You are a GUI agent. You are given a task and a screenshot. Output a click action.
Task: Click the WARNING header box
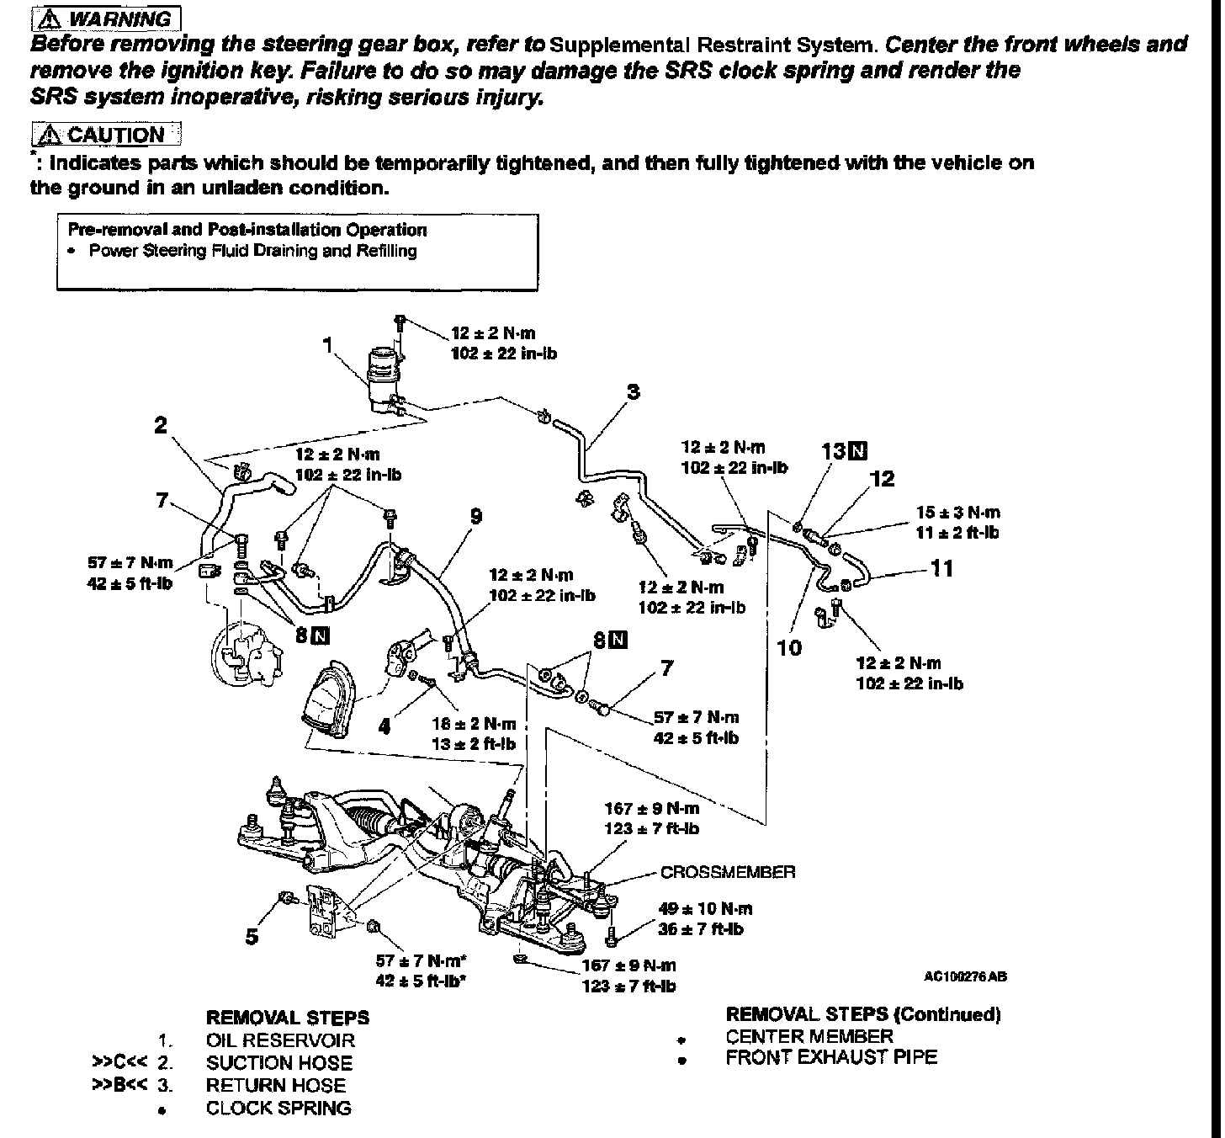point(105,18)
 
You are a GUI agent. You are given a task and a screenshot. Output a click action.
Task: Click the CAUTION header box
point(106,135)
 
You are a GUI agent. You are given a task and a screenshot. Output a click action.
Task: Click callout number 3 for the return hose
point(633,391)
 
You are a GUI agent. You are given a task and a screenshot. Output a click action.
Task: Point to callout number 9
point(476,516)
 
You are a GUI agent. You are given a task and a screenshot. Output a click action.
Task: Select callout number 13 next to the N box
point(833,451)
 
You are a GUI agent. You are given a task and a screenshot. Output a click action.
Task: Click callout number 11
point(943,569)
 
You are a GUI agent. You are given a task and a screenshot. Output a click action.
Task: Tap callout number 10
point(790,647)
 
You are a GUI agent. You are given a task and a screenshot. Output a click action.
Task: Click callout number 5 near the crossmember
point(252,935)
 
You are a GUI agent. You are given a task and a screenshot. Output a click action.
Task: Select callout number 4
point(384,725)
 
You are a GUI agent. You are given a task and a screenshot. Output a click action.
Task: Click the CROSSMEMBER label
point(727,872)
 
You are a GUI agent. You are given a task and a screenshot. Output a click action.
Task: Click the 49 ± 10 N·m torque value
point(705,908)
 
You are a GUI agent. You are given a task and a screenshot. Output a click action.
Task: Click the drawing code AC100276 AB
point(964,976)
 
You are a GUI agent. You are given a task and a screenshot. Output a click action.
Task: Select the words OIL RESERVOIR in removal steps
point(280,1040)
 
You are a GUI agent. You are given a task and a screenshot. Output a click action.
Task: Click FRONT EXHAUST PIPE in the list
point(830,1057)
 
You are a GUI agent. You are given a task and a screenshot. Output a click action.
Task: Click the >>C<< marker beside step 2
point(130,1063)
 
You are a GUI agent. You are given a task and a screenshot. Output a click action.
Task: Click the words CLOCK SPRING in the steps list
point(278,1108)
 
